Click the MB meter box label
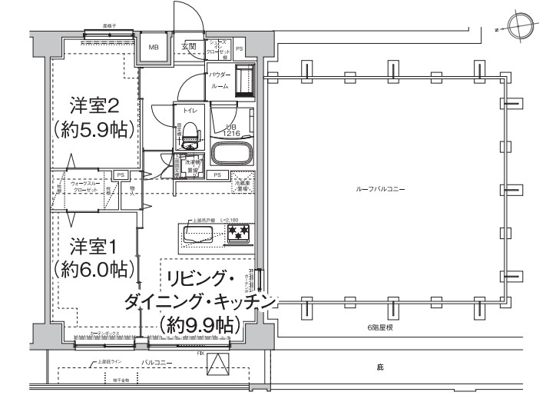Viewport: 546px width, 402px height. [154, 48]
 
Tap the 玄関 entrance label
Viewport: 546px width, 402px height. [189, 47]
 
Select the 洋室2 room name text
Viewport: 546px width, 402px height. [94, 104]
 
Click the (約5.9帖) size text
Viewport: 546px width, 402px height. [94, 128]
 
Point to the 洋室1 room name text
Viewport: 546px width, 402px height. [94, 247]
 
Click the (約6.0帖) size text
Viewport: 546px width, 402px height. [94, 270]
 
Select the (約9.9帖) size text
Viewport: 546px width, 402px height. [196, 324]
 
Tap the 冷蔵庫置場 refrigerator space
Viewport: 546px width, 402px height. [243, 184]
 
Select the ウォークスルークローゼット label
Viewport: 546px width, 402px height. [84, 187]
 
